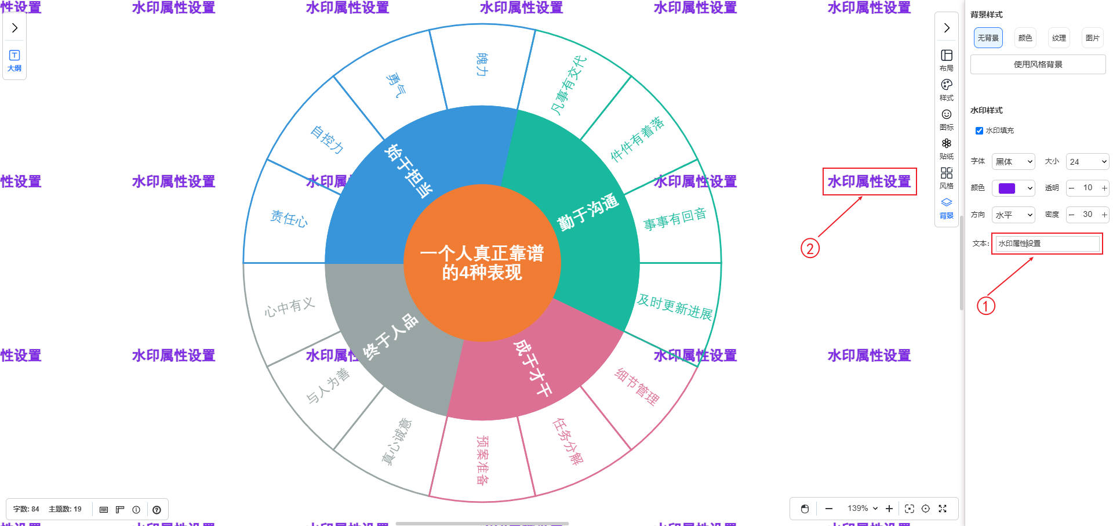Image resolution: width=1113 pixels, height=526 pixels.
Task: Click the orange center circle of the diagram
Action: tap(482, 263)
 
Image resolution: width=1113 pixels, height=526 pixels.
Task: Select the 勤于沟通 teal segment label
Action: tap(588, 213)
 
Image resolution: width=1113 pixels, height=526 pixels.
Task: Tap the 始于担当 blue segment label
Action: tap(408, 171)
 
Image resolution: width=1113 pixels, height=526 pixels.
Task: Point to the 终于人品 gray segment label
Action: tap(390, 336)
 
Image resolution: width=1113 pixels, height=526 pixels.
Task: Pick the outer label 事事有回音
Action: tap(675, 219)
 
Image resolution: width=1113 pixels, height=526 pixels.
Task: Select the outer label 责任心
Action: tap(289, 219)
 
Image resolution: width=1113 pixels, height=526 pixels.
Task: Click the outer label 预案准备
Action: tap(482, 460)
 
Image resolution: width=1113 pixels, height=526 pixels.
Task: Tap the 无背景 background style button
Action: tap(988, 38)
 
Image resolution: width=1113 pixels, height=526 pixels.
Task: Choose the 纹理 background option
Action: tap(1059, 38)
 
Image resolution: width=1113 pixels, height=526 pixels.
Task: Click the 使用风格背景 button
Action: tap(1038, 64)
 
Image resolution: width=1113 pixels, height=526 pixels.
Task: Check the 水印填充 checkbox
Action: tap(979, 130)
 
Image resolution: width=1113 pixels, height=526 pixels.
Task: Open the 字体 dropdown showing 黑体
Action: tap(1013, 162)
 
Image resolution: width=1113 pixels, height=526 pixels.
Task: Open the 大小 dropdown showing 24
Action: tap(1087, 162)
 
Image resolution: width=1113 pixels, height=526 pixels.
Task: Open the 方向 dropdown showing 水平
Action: tap(1013, 215)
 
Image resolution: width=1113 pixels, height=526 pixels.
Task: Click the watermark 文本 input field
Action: tap(1047, 244)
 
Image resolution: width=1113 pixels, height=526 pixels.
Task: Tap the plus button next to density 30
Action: tap(1104, 215)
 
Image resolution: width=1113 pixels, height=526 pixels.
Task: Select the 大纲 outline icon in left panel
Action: tap(14, 60)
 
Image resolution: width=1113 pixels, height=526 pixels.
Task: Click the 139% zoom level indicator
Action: tap(862, 509)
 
